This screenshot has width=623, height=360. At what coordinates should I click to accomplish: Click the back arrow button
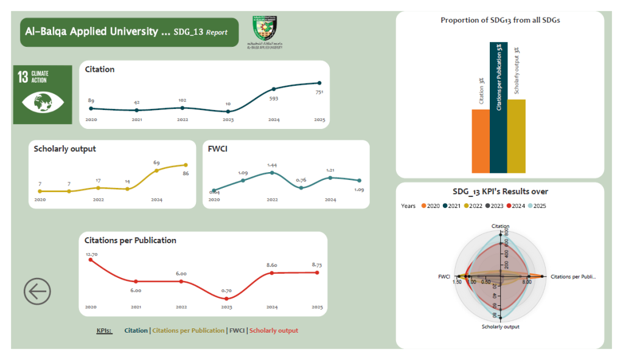click(37, 292)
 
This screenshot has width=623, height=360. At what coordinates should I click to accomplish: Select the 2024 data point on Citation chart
click(274, 89)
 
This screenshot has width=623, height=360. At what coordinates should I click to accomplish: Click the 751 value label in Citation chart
click(319, 92)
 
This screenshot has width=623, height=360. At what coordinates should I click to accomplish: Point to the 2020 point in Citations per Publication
click(91, 260)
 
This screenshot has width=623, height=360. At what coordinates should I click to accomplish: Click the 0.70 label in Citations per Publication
click(227, 291)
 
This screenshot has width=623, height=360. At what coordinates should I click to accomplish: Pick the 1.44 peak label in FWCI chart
click(272, 165)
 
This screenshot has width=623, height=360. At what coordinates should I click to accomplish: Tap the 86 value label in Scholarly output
click(186, 173)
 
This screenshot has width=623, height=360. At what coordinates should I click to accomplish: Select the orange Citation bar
click(480, 141)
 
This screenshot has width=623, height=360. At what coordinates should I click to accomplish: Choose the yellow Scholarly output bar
click(516, 136)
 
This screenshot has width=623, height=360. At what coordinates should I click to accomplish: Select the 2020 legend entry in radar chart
click(430, 206)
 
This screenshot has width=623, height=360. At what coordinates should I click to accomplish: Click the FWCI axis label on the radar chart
click(444, 277)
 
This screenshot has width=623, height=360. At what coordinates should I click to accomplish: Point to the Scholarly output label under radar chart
click(500, 327)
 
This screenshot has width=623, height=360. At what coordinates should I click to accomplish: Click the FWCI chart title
click(217, 148)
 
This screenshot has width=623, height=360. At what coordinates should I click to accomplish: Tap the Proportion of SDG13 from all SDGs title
click(500, 20)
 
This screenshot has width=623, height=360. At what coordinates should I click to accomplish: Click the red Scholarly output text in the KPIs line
click(274, 330)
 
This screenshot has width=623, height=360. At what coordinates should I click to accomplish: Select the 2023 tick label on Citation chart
click(228, 120)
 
